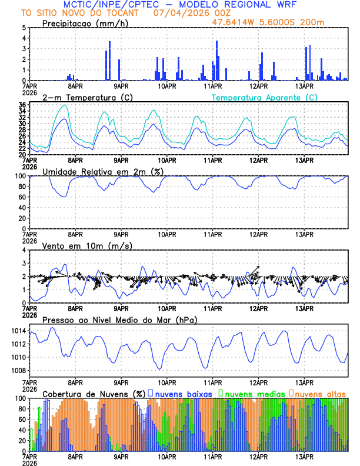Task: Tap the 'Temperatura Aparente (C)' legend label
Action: [x=264, y=97]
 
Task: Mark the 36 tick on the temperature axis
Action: [x=22, y=105]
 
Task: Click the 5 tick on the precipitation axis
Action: [x=24, y=27]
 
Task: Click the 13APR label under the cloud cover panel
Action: [x=304, y=457]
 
